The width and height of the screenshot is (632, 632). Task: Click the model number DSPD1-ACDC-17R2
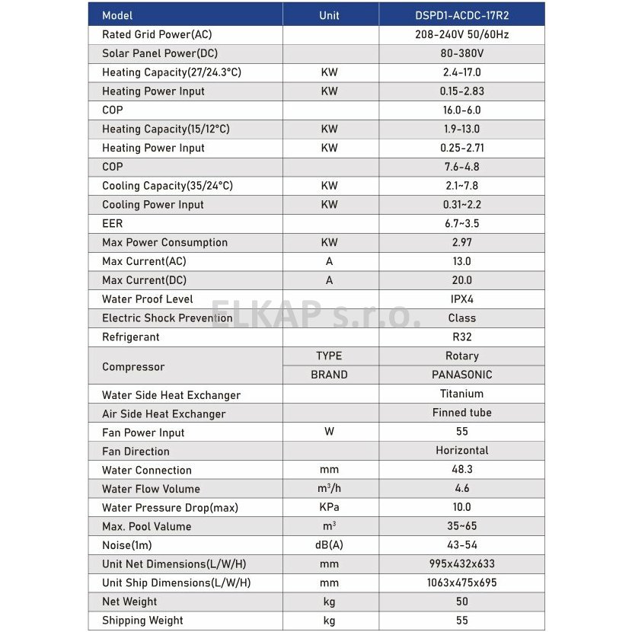461,15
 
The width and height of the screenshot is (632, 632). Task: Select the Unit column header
329,15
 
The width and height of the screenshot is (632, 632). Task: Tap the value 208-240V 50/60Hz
461,35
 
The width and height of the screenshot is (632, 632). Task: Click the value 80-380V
461,54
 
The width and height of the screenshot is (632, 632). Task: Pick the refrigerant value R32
461,337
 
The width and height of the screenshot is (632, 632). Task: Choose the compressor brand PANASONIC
461,375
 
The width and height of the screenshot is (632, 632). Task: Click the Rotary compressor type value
461,356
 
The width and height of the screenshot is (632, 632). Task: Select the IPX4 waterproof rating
461,299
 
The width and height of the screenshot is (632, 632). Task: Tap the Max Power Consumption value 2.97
461,242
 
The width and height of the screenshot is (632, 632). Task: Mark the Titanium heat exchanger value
461,394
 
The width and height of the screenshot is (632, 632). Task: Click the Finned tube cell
461,413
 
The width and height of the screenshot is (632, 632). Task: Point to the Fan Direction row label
136,452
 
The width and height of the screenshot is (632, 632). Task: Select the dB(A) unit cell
329,545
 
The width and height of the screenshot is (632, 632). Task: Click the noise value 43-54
461,545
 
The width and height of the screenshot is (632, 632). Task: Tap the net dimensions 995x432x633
461,564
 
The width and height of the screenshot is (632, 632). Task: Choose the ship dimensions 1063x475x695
461,583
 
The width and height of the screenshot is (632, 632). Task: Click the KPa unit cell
329,507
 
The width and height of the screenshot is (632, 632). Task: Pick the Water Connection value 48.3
461,470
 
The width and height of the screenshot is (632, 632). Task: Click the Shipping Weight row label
142,621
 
